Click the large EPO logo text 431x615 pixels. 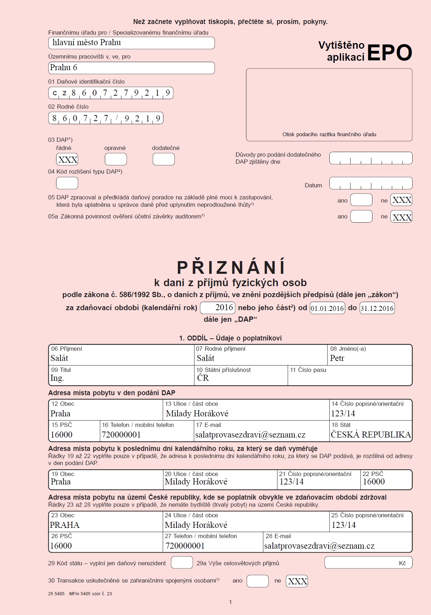[x=389, y=53]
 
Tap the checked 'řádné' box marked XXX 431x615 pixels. [x=67, y=159]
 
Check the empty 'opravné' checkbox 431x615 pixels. [x=116, y=159]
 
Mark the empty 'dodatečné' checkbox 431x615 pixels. [x=164, y=159]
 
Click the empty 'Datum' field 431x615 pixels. [x=371, y=183]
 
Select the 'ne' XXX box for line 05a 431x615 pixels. [x=401, y=217]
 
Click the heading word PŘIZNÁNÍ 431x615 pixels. [x=231, y=267]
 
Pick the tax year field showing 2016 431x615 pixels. [x=218, y=308]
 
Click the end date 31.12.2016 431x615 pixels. [x=377, y=308]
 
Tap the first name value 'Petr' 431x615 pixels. [x=337, y=358]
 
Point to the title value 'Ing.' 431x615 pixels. [x=57, y=378]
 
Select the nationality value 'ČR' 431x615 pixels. [x=203, y=378]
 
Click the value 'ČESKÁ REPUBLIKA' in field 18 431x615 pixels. [x=371, y=435]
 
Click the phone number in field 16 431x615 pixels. [x=121, y=435]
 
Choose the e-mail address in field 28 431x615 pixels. [x=319, y=546]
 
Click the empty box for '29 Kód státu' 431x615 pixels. [x=182, y=562]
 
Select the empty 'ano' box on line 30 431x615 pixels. [x=258, y=581]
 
